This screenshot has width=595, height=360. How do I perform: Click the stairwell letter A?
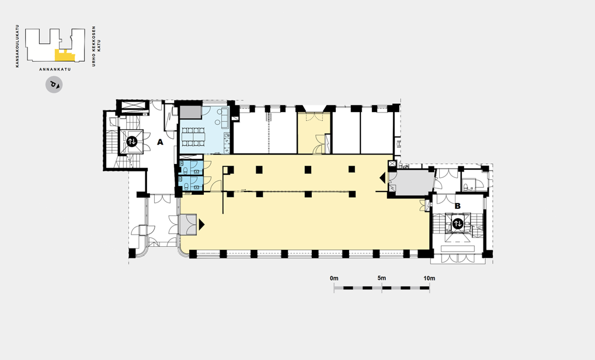(x=160, y=142)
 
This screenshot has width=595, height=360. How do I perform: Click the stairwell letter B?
(x=458, y=206)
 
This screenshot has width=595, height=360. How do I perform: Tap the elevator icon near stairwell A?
(x=132, y=142)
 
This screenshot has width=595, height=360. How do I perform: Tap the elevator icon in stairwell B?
(x=458, y=224)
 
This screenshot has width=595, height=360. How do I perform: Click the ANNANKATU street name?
(x=55, y=69)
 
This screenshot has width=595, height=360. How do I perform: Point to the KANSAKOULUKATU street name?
(x=17, y=46)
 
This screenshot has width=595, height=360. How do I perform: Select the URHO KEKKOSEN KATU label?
(x=96, y=46)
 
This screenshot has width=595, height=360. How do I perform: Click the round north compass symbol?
(x=54, y=85)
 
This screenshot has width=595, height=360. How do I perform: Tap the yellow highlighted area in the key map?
(x=64, y=56)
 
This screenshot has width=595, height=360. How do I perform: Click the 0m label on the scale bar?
(x=334, y=278)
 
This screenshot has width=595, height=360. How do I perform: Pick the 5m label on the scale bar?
(x=382, y=278)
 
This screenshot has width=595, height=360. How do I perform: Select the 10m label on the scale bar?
(x=429, y=278)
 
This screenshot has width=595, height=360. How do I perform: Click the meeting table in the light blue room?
(x=193, y=137)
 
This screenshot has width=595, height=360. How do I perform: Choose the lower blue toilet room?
(x=191, y=183)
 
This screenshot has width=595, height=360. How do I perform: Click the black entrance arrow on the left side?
(x=201, y=225)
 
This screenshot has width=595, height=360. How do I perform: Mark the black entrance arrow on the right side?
(x=382, y=177)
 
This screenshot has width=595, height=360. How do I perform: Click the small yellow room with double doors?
(x=314, y=133)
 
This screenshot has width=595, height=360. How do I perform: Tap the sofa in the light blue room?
(x=224, y=117)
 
